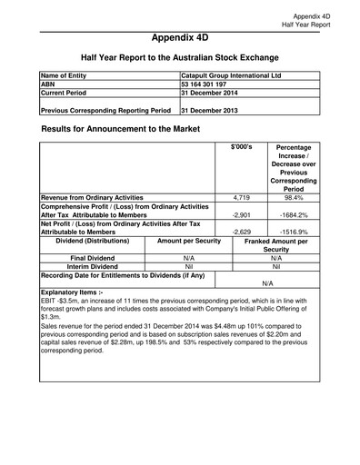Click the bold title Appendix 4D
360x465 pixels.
click(x=179, y=38)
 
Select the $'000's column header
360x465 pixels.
click(x=242, y=147)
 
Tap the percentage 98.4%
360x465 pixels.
click(x=293, y=197)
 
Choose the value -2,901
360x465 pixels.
click(x=241, y=214)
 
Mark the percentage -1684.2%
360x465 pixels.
click(x=293, y=214)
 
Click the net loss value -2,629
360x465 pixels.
click(x=241, y=232)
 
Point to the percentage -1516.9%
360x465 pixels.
click(x=293, y=232)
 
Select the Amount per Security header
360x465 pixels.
click(x=189, y=241)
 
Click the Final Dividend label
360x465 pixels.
click(x=92, y=258)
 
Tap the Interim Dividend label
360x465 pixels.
click(x=92, y=267)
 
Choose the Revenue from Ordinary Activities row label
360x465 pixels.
click(x=93, y=197)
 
